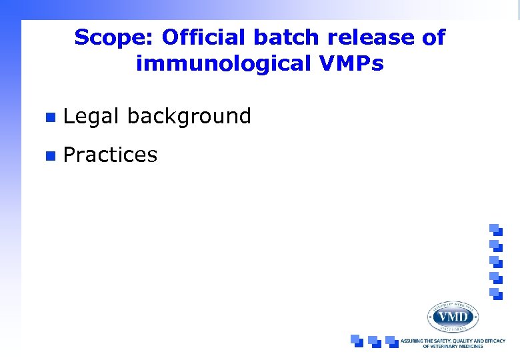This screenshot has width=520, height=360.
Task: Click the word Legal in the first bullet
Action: pyautogui.click(x=91, y=117)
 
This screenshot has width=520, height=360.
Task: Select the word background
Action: pyautogui.click(x=189, y=117)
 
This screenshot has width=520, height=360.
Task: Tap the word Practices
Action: pyautogui.click(x=110, y=155)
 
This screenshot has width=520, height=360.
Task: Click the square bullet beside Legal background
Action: pyautogui.click(x=48, y=117)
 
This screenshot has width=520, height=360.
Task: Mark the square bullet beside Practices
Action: pyautogui.click(x=48, y=156)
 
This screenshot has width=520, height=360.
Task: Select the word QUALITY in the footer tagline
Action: pyautogui.click(x=465, y=341)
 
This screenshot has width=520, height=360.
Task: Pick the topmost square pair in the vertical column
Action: pyautogui.click(x=495, y=229)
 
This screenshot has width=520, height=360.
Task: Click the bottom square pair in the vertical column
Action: pyautogui.click(x=495, y=293)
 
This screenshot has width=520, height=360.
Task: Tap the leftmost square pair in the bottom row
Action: pyautogui.click(x=357, y=341)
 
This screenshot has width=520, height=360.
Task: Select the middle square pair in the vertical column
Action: pyautogui.click(x=495, y=261)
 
